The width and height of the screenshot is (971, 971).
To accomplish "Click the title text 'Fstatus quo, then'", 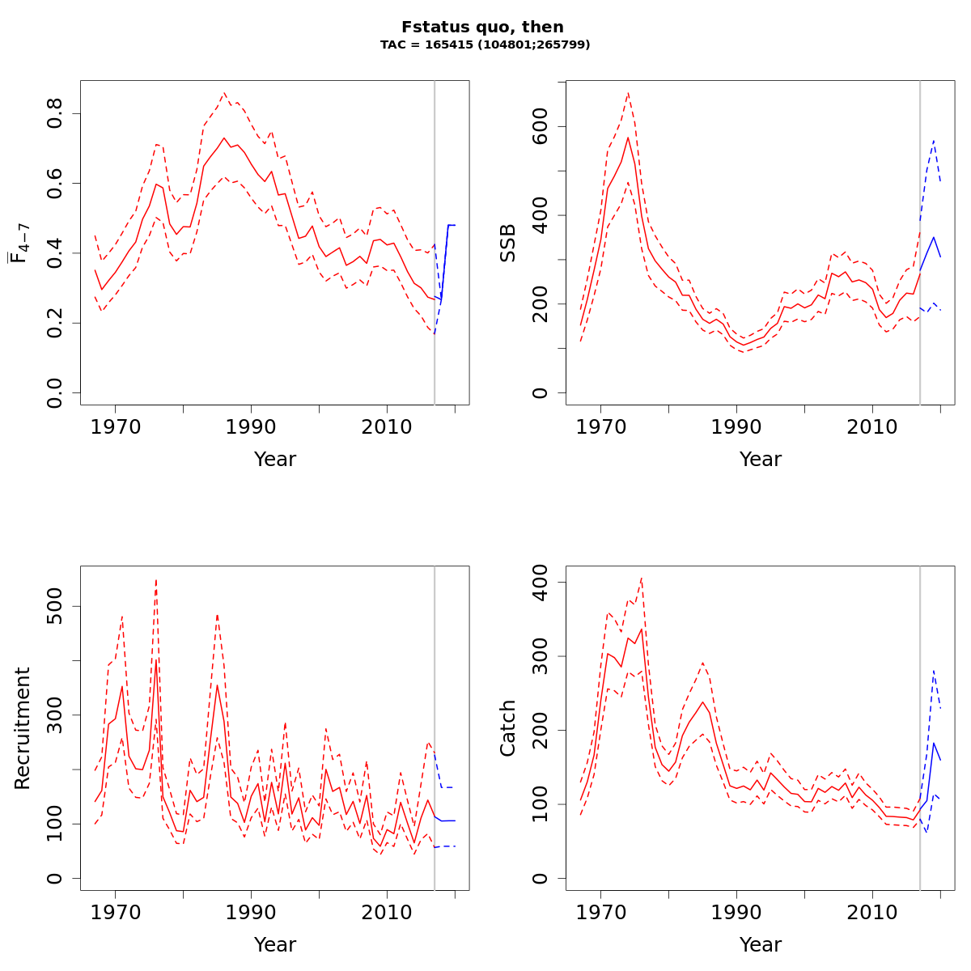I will [x=482, y=27].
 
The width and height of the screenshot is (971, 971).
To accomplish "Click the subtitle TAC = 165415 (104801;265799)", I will [x=485, y=45].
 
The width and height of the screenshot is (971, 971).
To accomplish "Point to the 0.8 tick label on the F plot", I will [x=54, y=113].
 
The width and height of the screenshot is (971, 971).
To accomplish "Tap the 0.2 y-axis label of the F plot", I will [x=54, y=323].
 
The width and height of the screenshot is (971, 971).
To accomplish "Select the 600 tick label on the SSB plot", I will [x=540, y=127].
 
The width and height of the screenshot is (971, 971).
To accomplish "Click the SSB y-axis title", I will [x=508, y=243].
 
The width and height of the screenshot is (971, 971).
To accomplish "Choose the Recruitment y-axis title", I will [x=23, y=728].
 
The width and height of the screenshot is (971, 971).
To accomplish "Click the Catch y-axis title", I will [x=508, y=728].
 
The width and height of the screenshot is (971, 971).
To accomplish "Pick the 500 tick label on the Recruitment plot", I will [x=54, y=607].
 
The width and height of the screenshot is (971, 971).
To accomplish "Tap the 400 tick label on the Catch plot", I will [x=540, y=583].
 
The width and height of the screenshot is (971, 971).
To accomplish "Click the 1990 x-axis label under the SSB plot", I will [x=736, y=426].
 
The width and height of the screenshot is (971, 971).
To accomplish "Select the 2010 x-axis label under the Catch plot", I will [x=872, y=912].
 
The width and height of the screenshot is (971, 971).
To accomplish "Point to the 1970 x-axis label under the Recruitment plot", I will [x=115, y=912].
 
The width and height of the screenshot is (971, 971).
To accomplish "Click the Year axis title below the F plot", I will [x=275, y=460].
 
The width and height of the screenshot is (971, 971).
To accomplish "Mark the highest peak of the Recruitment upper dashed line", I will [x=156, y=579].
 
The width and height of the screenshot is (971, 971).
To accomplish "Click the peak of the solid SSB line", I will [x=628, y=138].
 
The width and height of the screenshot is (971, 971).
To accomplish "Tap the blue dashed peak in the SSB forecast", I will [x=934, y=140].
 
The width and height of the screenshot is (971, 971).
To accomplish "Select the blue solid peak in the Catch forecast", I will [x=934, y=743].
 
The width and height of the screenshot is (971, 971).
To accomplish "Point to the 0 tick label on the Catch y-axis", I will [x=540, y=878].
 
